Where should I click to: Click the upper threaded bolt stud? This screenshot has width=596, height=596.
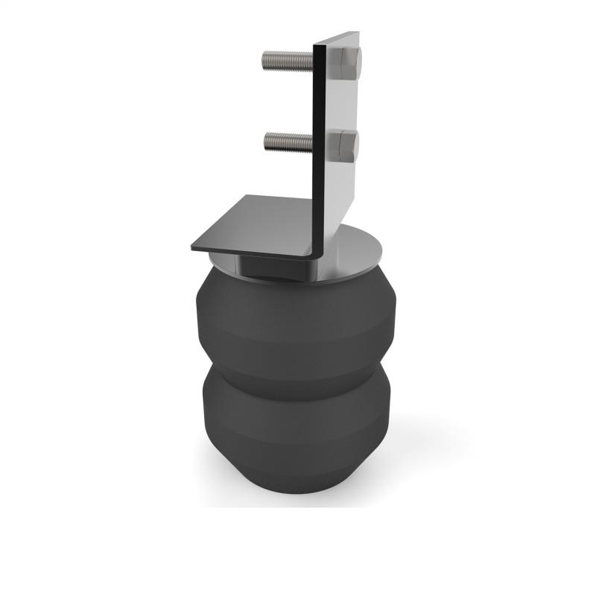tap(287, 57)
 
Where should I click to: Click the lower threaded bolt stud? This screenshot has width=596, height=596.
tap(287, 139)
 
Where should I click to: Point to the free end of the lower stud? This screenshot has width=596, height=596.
tap(266, 139)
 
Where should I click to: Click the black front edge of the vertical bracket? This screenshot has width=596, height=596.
tap(319, 149)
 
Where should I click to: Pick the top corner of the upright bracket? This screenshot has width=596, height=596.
tap(357, 33)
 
